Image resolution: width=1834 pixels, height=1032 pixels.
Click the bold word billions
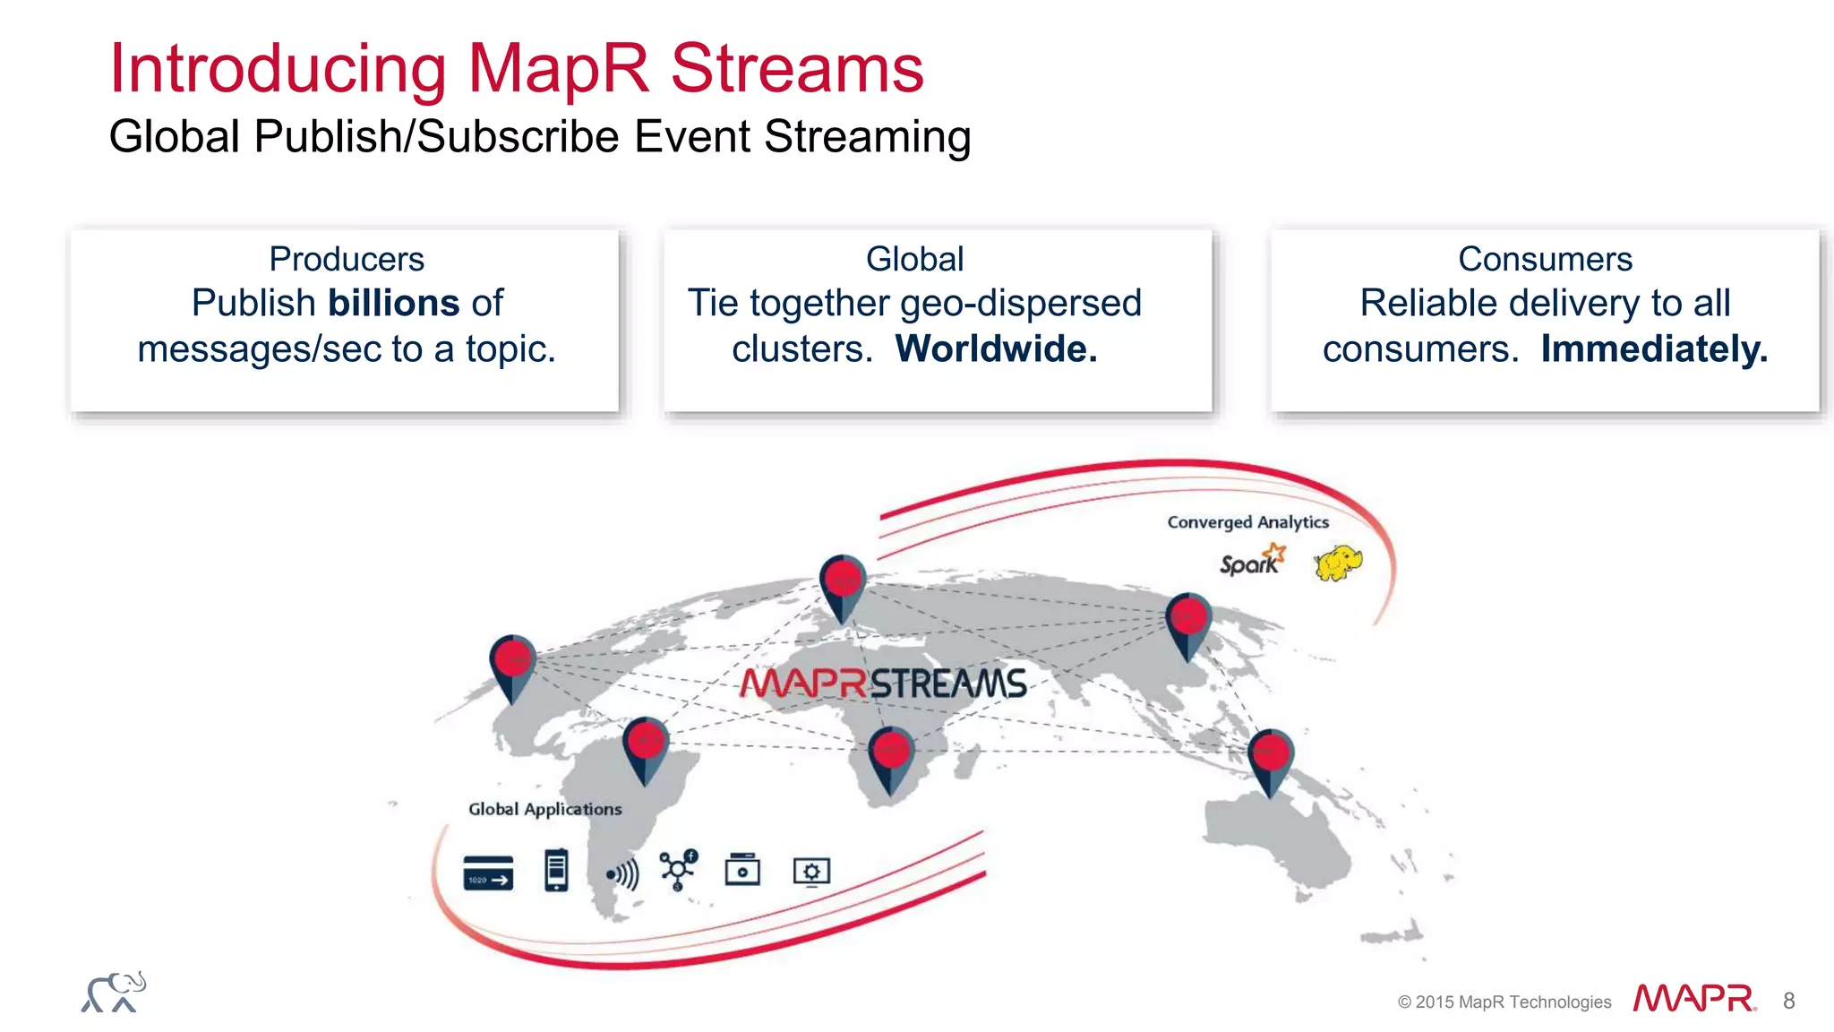point(394,303)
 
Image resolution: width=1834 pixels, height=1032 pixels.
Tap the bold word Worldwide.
point(996,348)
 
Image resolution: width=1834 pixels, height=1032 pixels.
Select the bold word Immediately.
point(1654,348)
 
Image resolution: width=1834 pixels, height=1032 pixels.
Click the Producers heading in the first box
point(347,259)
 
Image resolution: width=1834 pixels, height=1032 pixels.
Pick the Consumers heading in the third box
point(1545,259)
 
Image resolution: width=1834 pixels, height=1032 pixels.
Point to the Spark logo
point(1252,562)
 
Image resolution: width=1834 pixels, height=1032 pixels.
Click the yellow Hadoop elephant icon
point(1338,563)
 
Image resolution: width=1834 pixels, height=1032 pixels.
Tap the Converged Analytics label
point(1247,522)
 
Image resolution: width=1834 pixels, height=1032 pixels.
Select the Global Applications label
point(544,809)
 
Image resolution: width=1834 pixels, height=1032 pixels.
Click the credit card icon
point(488,873)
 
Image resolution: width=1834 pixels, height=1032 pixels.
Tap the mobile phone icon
point(556,870)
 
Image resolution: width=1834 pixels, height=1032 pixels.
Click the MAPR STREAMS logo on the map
point(883,684)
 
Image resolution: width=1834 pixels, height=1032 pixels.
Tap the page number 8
point(1788,1001)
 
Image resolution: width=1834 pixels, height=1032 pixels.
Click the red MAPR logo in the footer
point(1693,999)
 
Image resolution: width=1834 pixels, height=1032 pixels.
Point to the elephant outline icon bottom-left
point(114,993)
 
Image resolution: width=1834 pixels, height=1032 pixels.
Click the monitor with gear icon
point(811,872)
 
